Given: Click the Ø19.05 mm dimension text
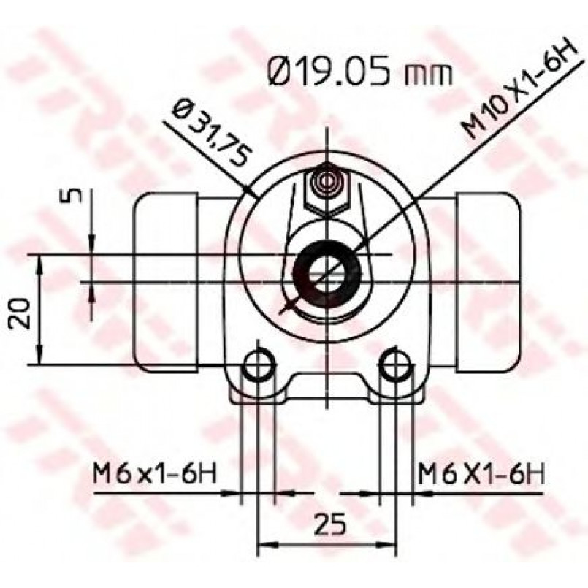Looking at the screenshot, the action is point(360,72).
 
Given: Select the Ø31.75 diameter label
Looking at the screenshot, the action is point(211,131).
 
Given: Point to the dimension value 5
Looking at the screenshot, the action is point(75,195).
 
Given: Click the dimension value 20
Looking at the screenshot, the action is point(20,313).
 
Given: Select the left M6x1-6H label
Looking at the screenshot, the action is point(155,473).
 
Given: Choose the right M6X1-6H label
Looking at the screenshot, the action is point(481,473).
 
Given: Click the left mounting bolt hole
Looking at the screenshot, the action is point(259,364).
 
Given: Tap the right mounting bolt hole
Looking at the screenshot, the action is point(395,364).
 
